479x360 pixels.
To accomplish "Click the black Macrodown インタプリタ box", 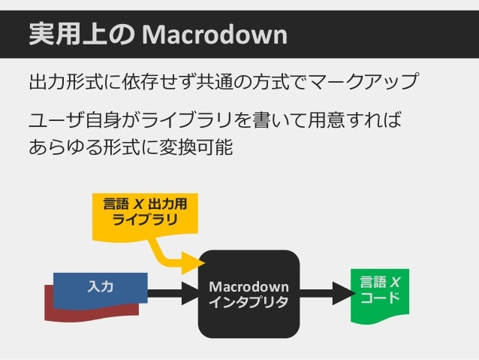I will click(x=249, y=294).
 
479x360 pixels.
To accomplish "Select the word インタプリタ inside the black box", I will click(x=249, y=302).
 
